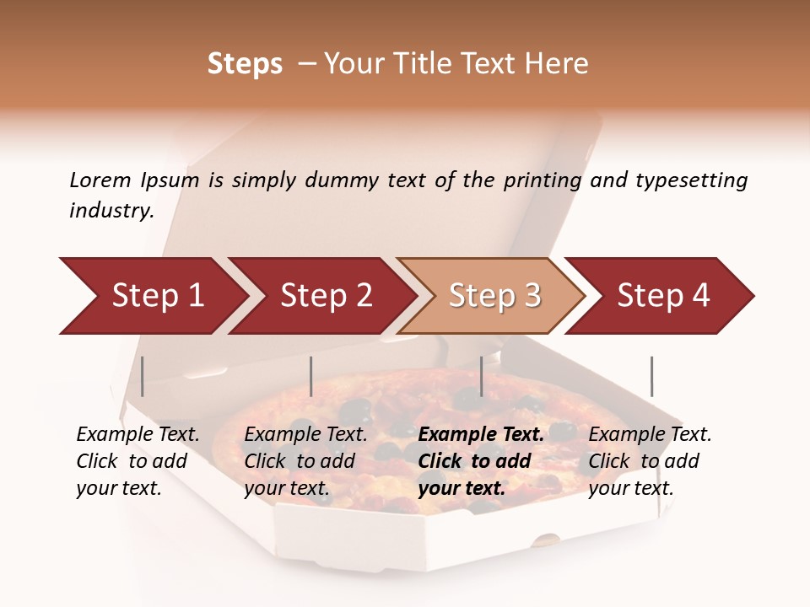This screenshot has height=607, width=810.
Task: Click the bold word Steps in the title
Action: point(245,64)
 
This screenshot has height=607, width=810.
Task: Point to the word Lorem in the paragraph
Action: point(100,180)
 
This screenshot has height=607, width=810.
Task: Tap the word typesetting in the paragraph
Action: point(691,180)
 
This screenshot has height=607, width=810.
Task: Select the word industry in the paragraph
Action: point(111,211)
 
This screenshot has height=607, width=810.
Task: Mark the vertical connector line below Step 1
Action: point(143,376)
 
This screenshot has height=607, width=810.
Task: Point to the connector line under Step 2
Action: point(311,376)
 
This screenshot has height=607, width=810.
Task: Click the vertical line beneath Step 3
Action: point(481,376)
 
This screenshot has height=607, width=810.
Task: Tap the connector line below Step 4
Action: point(651,376)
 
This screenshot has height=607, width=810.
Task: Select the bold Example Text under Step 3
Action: point(481,434)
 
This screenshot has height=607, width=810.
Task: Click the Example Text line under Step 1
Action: point(138,434)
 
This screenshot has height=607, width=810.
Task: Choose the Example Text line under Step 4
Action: point(650,434)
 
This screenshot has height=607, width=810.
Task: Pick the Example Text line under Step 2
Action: point(305,434)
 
